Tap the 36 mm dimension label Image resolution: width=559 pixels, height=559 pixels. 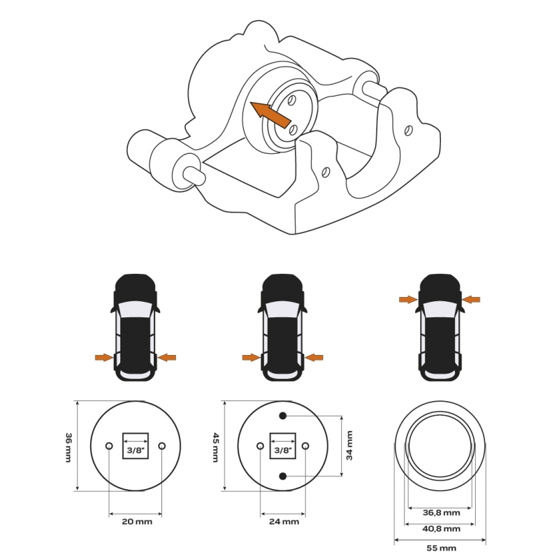coord(68,447)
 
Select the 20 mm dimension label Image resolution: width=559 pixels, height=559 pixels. coord(137,521)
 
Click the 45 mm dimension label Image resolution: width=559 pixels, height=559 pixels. coord(216,447)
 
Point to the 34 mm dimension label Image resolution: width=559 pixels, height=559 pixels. coord(349,446)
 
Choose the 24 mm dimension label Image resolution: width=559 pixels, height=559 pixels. coord(284,521)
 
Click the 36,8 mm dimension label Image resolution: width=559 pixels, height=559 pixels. coord(442,513)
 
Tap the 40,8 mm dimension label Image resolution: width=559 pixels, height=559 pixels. coord(442,528)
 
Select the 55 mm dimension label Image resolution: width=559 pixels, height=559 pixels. coord(442,548)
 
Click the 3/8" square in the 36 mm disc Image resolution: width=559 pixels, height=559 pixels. coord(136,446)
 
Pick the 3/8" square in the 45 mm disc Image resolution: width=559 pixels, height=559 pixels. coord(283,446)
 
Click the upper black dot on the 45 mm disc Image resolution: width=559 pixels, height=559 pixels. coord(283,416)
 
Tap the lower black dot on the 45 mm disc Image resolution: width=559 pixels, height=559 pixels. coord(283,476)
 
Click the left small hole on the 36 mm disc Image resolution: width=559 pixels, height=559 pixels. coord(109,446)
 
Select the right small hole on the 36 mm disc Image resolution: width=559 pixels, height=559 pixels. coord(162,446)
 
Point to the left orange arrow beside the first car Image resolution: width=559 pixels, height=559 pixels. coord(104,357)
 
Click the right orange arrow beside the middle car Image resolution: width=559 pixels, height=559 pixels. coord(314,357)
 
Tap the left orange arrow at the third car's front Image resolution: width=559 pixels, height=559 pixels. coord(408,300)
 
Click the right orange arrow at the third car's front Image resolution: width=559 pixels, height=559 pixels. coord(471,300)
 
